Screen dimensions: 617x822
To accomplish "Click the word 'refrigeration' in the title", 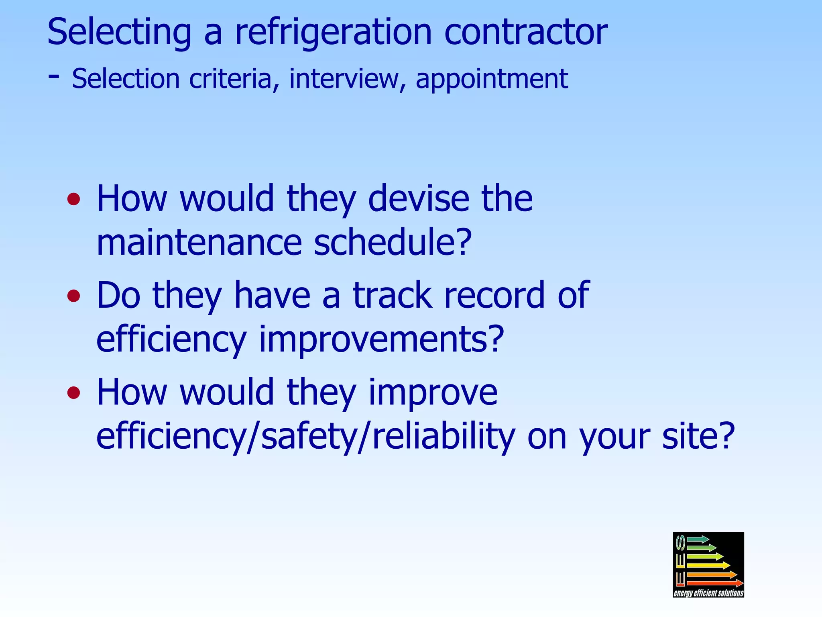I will [333, 32].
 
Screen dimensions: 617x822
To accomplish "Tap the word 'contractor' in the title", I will [526, 32].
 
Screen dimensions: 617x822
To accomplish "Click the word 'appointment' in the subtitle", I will [492, 79].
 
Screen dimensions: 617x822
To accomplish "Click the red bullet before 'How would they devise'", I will [74, 199].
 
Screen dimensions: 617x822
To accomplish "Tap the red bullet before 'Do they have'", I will [74, 296].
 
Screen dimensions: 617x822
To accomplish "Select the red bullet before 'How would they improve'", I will [74, 392].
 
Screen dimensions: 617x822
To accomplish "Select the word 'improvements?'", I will [381, 339].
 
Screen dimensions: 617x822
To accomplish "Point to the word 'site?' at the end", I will [698, 436].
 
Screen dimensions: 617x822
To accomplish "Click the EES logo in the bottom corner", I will [708, 560].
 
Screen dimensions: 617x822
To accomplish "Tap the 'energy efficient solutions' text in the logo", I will [708, 593].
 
